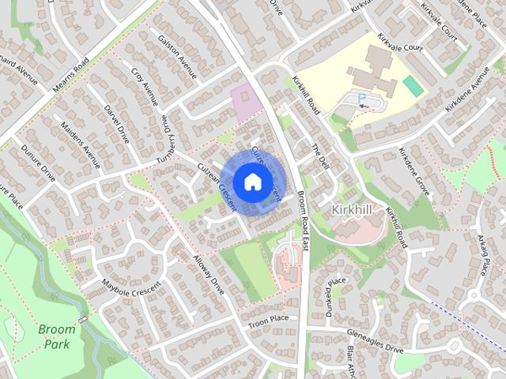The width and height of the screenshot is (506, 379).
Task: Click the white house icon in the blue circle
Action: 251,182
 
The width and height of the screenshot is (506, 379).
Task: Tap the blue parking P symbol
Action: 362,99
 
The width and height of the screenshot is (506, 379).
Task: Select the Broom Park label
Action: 56,336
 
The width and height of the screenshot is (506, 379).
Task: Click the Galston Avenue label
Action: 176,55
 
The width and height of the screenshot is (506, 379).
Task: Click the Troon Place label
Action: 270,320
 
